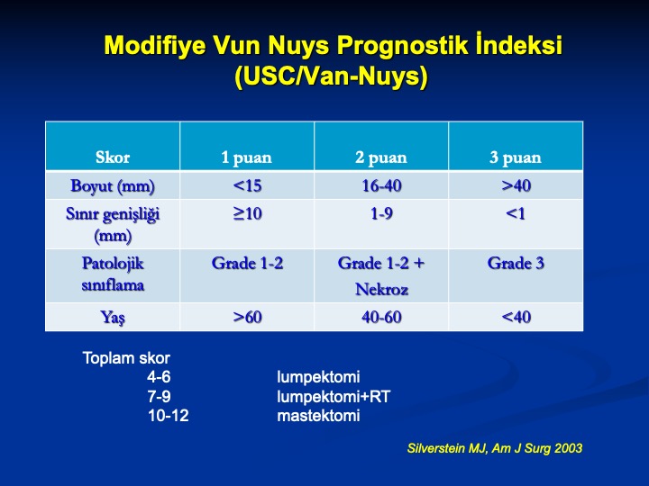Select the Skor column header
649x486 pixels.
[x=113, y=157]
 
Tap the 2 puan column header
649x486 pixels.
[x=380, y=157]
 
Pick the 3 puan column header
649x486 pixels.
[x=516, y=157]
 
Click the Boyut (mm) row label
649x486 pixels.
[x=113, y=186]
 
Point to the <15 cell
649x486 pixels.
[x=247, y=185]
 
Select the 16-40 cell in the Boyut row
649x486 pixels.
[x=381, y=185]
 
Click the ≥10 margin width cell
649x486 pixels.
[x=247, y=213]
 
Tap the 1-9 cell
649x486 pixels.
[x=381, y=213]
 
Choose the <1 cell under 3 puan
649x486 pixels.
[x=516, y=213]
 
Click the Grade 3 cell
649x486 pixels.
[x=516, y=263]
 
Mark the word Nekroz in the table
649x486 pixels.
[x=381, y=289]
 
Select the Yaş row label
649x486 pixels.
[x=113, y=318]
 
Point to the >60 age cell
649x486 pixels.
[x=247, y=317]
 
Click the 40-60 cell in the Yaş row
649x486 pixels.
[x=381, y=317]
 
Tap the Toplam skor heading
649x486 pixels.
[x=126, y=358]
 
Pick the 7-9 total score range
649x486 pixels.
[x=159, y=396]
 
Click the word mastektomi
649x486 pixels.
[x=318, y=415]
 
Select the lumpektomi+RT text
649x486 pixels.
[x=334, y=397]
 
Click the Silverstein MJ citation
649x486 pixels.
[x=495, y=448]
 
